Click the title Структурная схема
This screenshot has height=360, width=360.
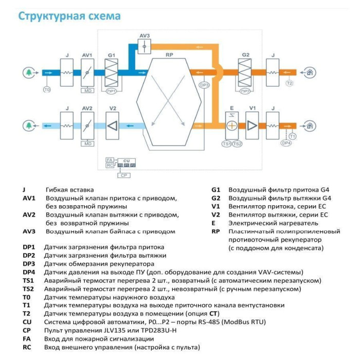69,16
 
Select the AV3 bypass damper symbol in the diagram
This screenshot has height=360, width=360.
145,47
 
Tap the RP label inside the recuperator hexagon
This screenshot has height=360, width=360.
169,54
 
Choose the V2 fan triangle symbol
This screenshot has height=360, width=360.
112,125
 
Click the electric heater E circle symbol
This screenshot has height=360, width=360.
232,125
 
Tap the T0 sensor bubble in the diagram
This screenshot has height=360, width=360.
47,89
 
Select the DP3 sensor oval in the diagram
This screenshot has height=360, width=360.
204,85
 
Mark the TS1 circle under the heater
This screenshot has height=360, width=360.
227,144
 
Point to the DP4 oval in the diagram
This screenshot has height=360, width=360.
286,143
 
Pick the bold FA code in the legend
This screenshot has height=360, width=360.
27,339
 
